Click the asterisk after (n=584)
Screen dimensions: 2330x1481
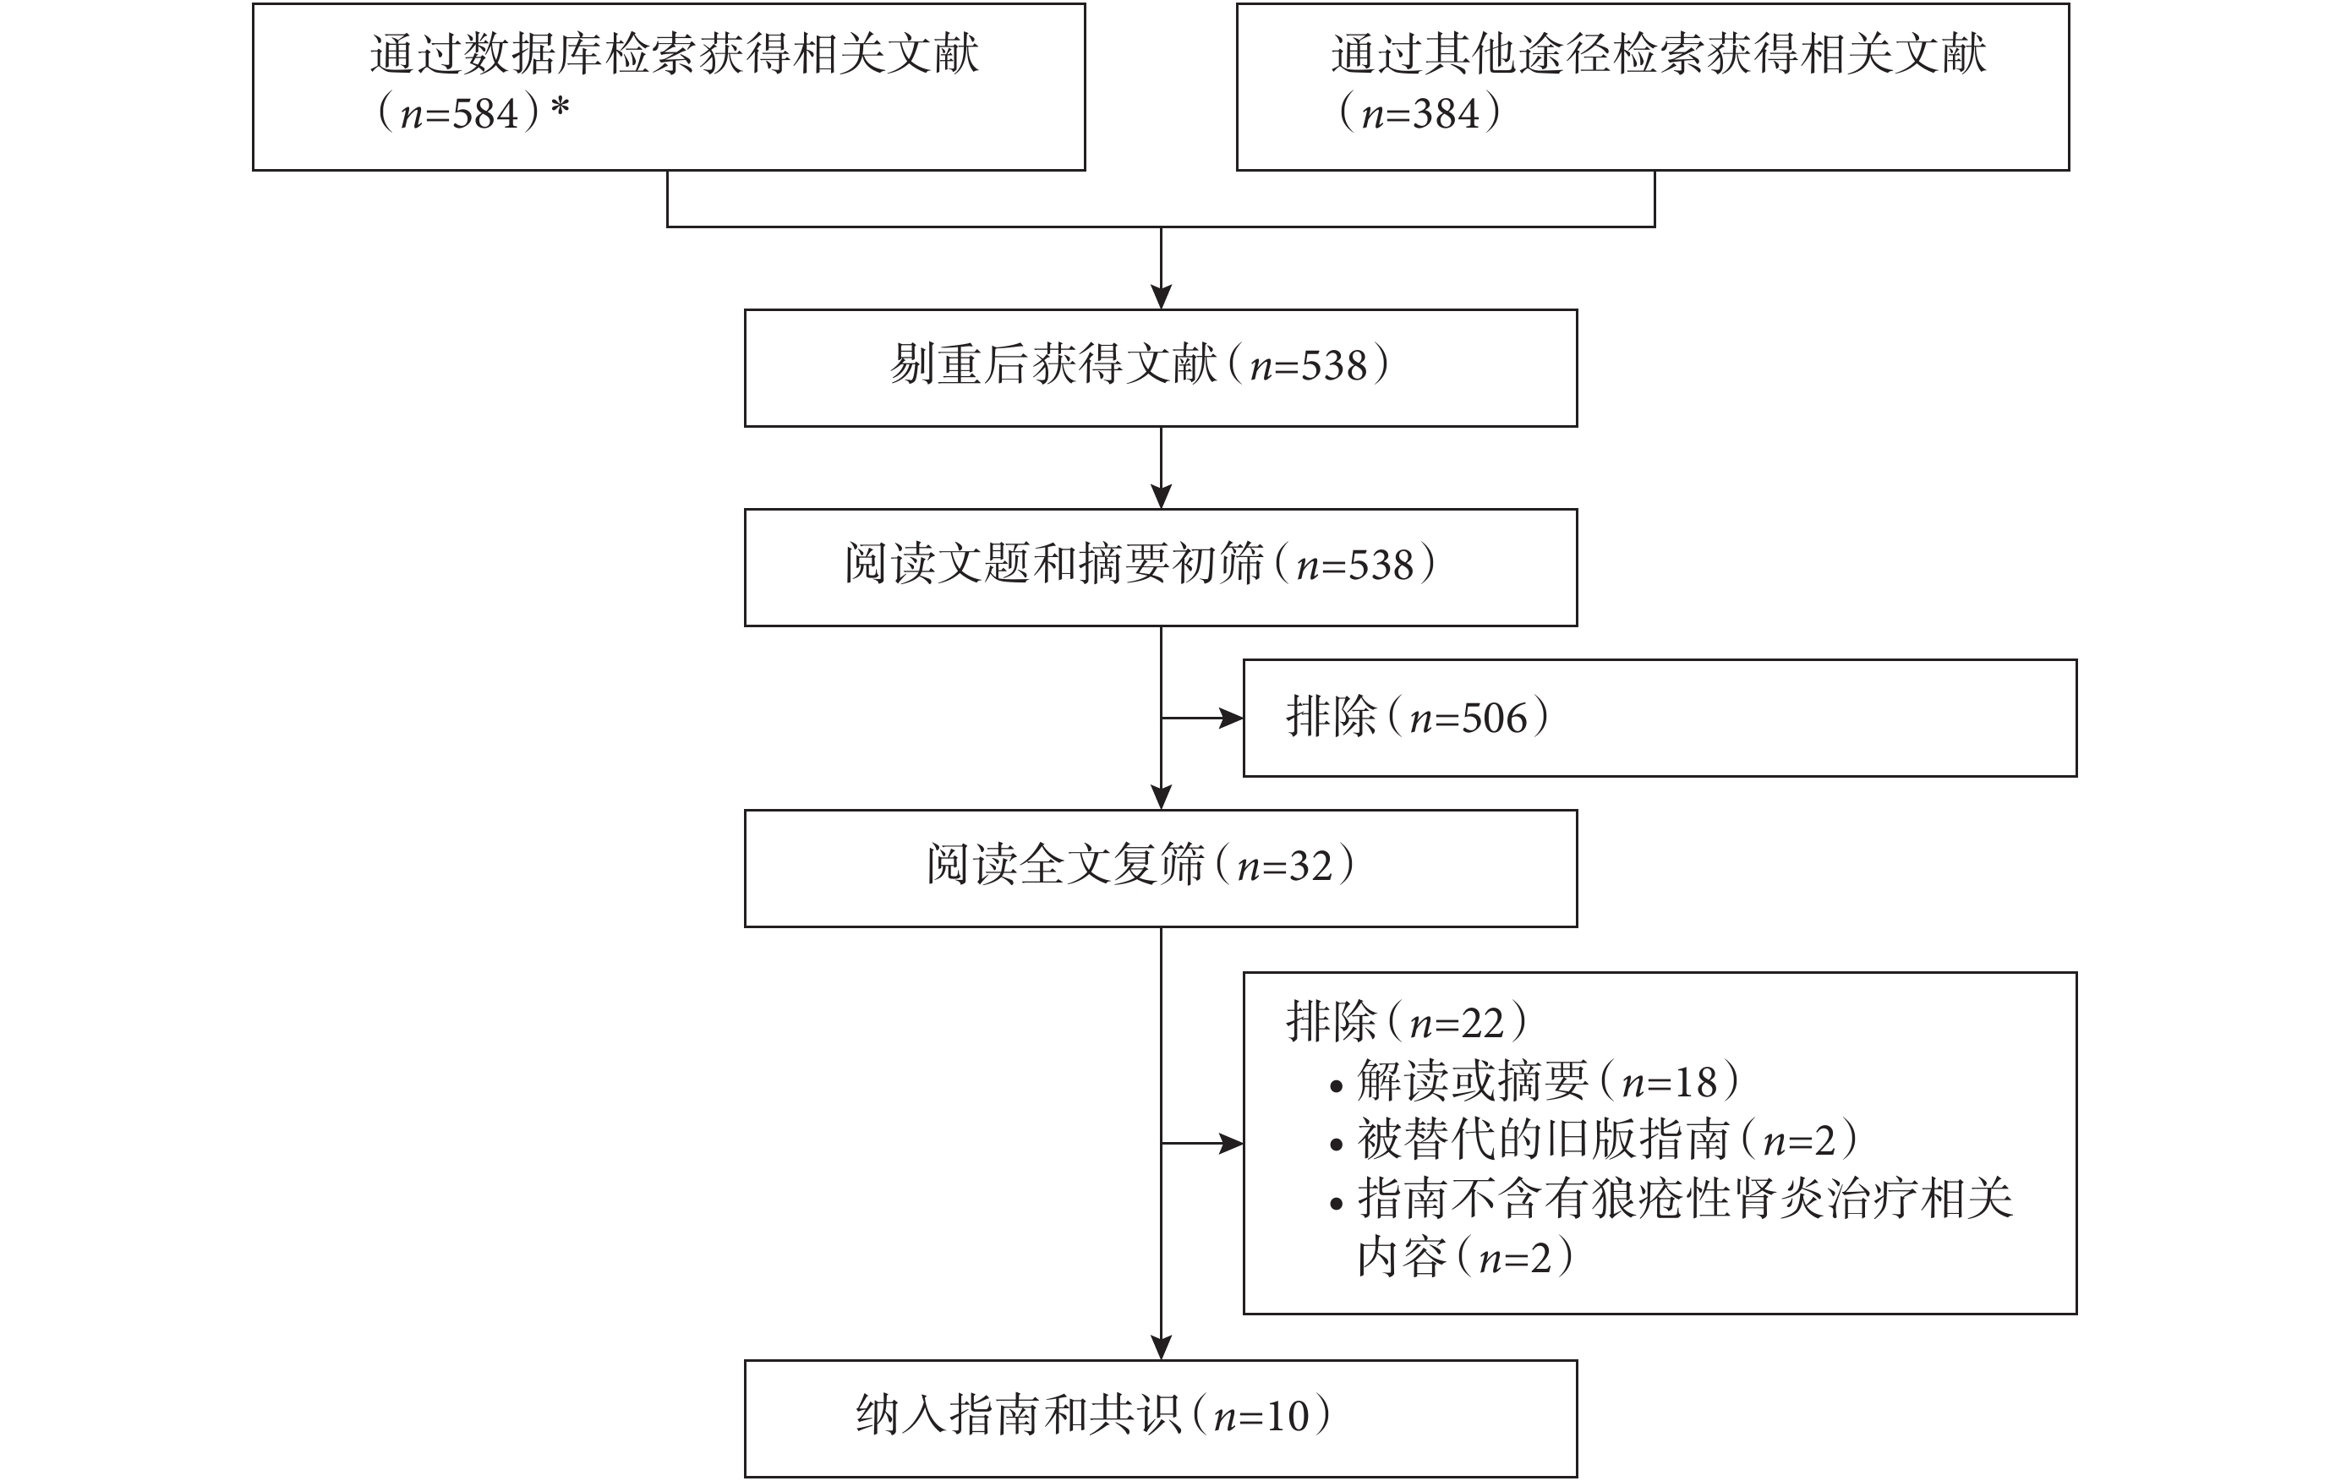point(560,107)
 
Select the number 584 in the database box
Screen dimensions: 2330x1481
point(486,114)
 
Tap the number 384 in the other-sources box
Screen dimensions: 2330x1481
point(1447,114)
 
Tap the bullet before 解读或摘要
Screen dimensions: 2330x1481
point(1337,1086)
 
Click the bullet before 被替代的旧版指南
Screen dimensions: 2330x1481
point(1337,1145)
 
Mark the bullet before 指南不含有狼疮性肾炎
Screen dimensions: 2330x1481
point(1337,1205)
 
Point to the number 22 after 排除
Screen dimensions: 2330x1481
point(1481,1024)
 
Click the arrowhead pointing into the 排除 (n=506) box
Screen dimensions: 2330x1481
point(1231,718)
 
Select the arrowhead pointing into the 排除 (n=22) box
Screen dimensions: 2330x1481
point(1231,1144)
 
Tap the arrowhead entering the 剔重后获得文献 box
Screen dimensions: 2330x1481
point(1161,297)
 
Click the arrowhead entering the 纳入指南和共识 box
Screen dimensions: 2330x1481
point(1161,1347)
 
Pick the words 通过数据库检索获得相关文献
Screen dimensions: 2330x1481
point(675,53)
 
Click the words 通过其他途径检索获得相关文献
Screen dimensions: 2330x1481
point(1659,53)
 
